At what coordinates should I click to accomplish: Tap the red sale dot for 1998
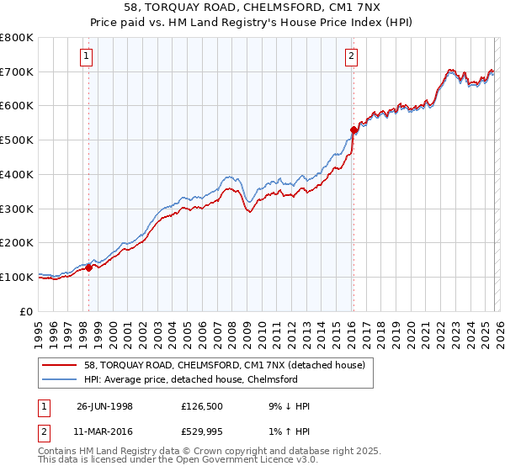(89, 267)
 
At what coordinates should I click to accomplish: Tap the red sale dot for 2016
(353, 130)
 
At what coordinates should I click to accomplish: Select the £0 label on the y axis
(27, 311)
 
